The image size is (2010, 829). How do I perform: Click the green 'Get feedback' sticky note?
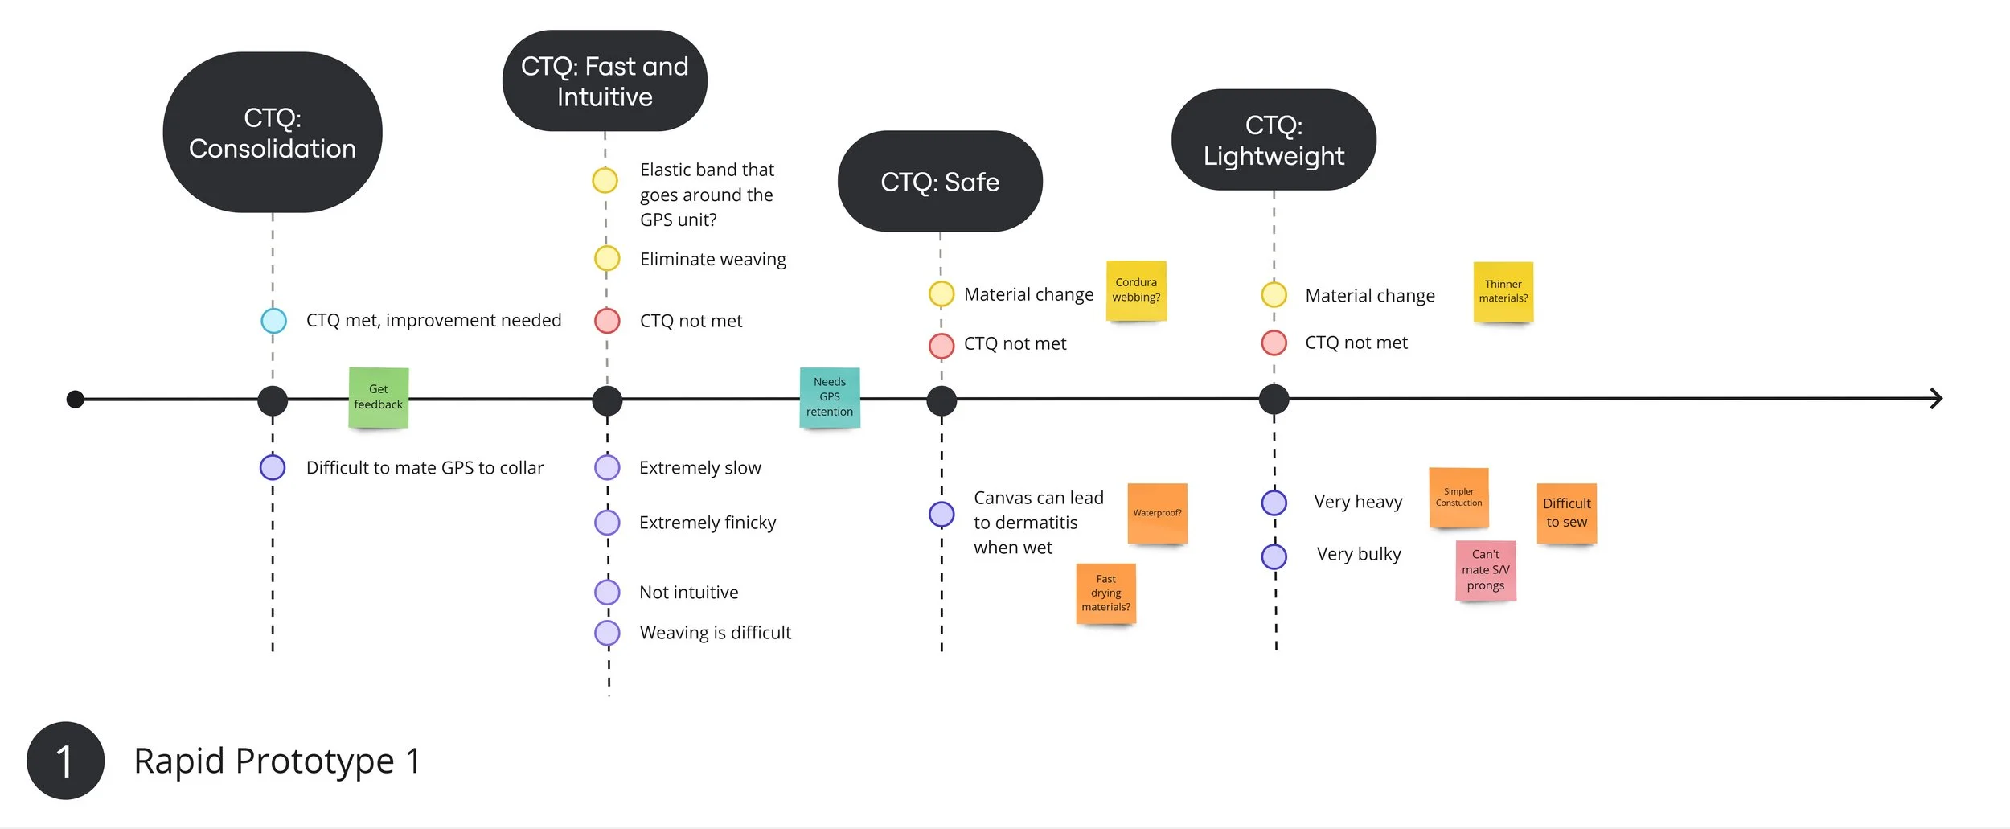[x=379, y=397]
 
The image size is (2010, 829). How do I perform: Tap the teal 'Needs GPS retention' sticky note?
[x=830, y=397]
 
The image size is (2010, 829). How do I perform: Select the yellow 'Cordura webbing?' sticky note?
[x=1136, y=290]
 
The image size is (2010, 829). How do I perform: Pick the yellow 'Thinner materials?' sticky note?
[x=1503, y=292]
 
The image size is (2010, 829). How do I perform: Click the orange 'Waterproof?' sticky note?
[x=1157, y=513]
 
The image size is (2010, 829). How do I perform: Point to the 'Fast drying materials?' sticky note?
[x=1105, y=593]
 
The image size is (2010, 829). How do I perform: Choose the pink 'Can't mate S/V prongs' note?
[x=1485, y=570]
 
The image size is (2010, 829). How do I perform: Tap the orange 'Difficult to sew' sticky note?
[x=1566, y=513]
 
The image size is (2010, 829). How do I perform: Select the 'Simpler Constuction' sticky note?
[x=1458, y=498]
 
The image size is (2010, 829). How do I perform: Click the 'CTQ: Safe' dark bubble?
[x=940, y=182]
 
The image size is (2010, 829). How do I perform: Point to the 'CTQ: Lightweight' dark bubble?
[x=1274, y=140]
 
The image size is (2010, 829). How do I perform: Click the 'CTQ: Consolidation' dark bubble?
[x=273, y=133]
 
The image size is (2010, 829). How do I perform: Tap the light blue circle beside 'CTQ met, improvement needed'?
[x=273, y=321]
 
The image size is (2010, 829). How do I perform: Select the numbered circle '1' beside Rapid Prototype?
[x=65, y=761]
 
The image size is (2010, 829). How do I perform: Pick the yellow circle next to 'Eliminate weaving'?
[x=607, y=259]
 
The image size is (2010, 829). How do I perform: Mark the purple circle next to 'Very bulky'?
[x=1274, y=556]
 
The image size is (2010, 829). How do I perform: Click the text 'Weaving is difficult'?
[x=715, y=633]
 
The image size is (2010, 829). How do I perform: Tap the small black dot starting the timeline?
[x=76, y=399]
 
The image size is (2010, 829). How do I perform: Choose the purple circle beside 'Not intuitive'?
[x=607, y=593]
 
